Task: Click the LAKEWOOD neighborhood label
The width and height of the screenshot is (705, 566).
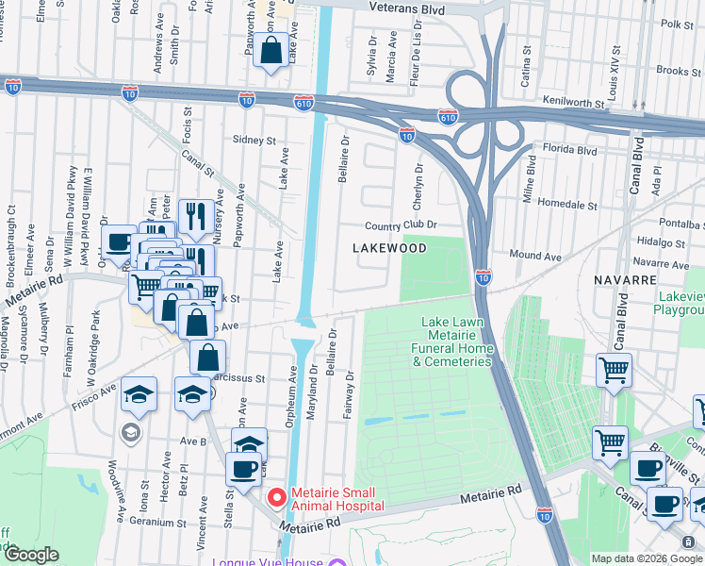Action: point(389,248)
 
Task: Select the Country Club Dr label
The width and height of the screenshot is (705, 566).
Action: point(402,225)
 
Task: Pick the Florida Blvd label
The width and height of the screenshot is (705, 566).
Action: point(569,149)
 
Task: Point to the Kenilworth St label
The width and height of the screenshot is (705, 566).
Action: point(571,99)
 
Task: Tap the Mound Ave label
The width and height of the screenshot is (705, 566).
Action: point(534,255)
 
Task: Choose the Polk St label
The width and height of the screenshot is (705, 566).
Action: point(677,24)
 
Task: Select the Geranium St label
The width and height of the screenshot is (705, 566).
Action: point(154,522)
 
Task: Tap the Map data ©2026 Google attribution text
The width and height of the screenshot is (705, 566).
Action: point(647,558)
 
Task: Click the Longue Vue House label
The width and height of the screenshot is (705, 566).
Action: point(267,562)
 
